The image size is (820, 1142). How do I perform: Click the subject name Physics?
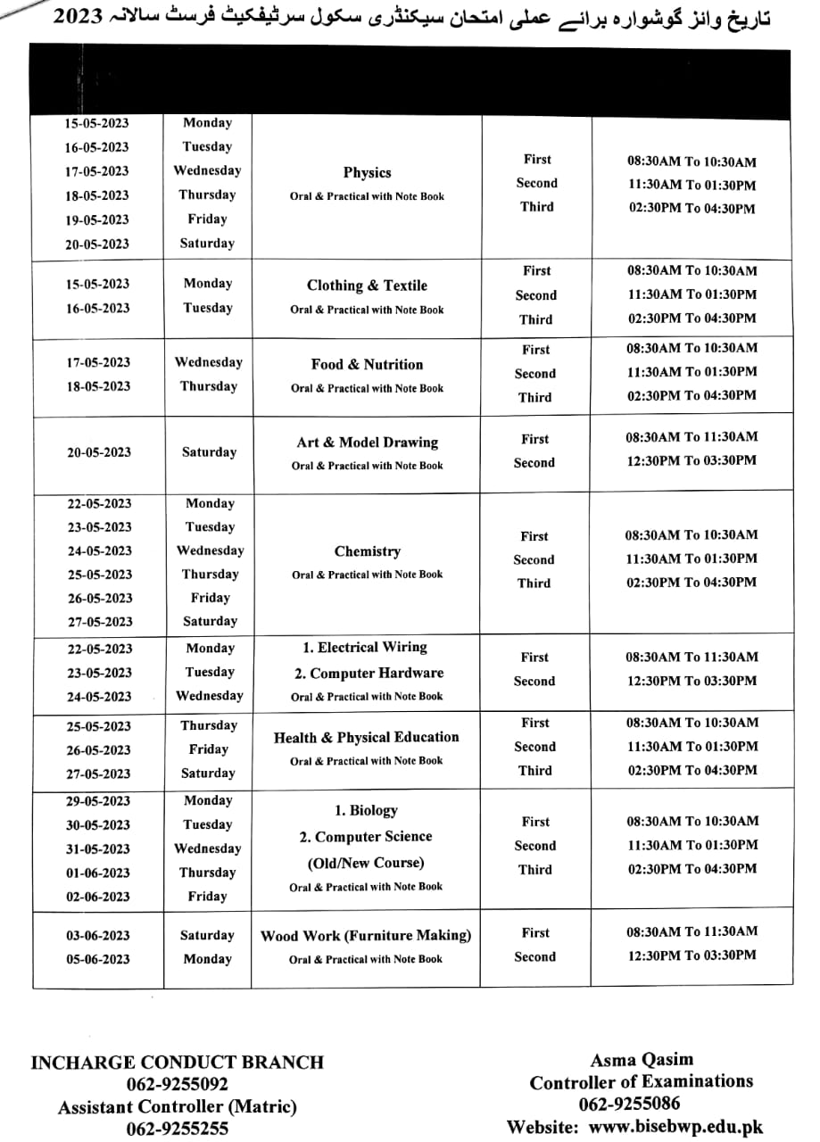tap(367, 173)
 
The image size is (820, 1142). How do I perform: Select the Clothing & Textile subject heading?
tap(367, 285)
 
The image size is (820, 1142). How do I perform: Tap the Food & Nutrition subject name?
tap(367, 364)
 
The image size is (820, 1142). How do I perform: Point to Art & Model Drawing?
tap(367, 443)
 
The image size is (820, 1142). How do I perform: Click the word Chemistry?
tap(367, 551)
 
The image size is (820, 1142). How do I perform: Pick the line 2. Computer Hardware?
tap(369, 674)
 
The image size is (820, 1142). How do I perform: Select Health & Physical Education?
tap(366, 738)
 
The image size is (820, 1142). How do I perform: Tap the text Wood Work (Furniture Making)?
tap(366, 936)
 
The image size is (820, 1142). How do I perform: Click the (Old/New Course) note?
tap(366, 863)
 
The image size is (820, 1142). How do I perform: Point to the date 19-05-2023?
tap(96, 219)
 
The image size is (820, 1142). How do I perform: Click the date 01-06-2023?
tap(97, 873)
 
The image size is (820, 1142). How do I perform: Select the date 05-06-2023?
tap(97, 960)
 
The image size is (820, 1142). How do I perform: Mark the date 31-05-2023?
tap(97, 849)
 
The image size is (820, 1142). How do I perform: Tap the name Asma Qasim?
tap(641, 1060)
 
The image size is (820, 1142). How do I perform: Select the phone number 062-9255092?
tap(177, 1084)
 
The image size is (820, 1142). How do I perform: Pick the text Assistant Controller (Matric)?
tap(177, 1106)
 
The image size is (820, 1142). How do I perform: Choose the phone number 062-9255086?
tap(641, 1105)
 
